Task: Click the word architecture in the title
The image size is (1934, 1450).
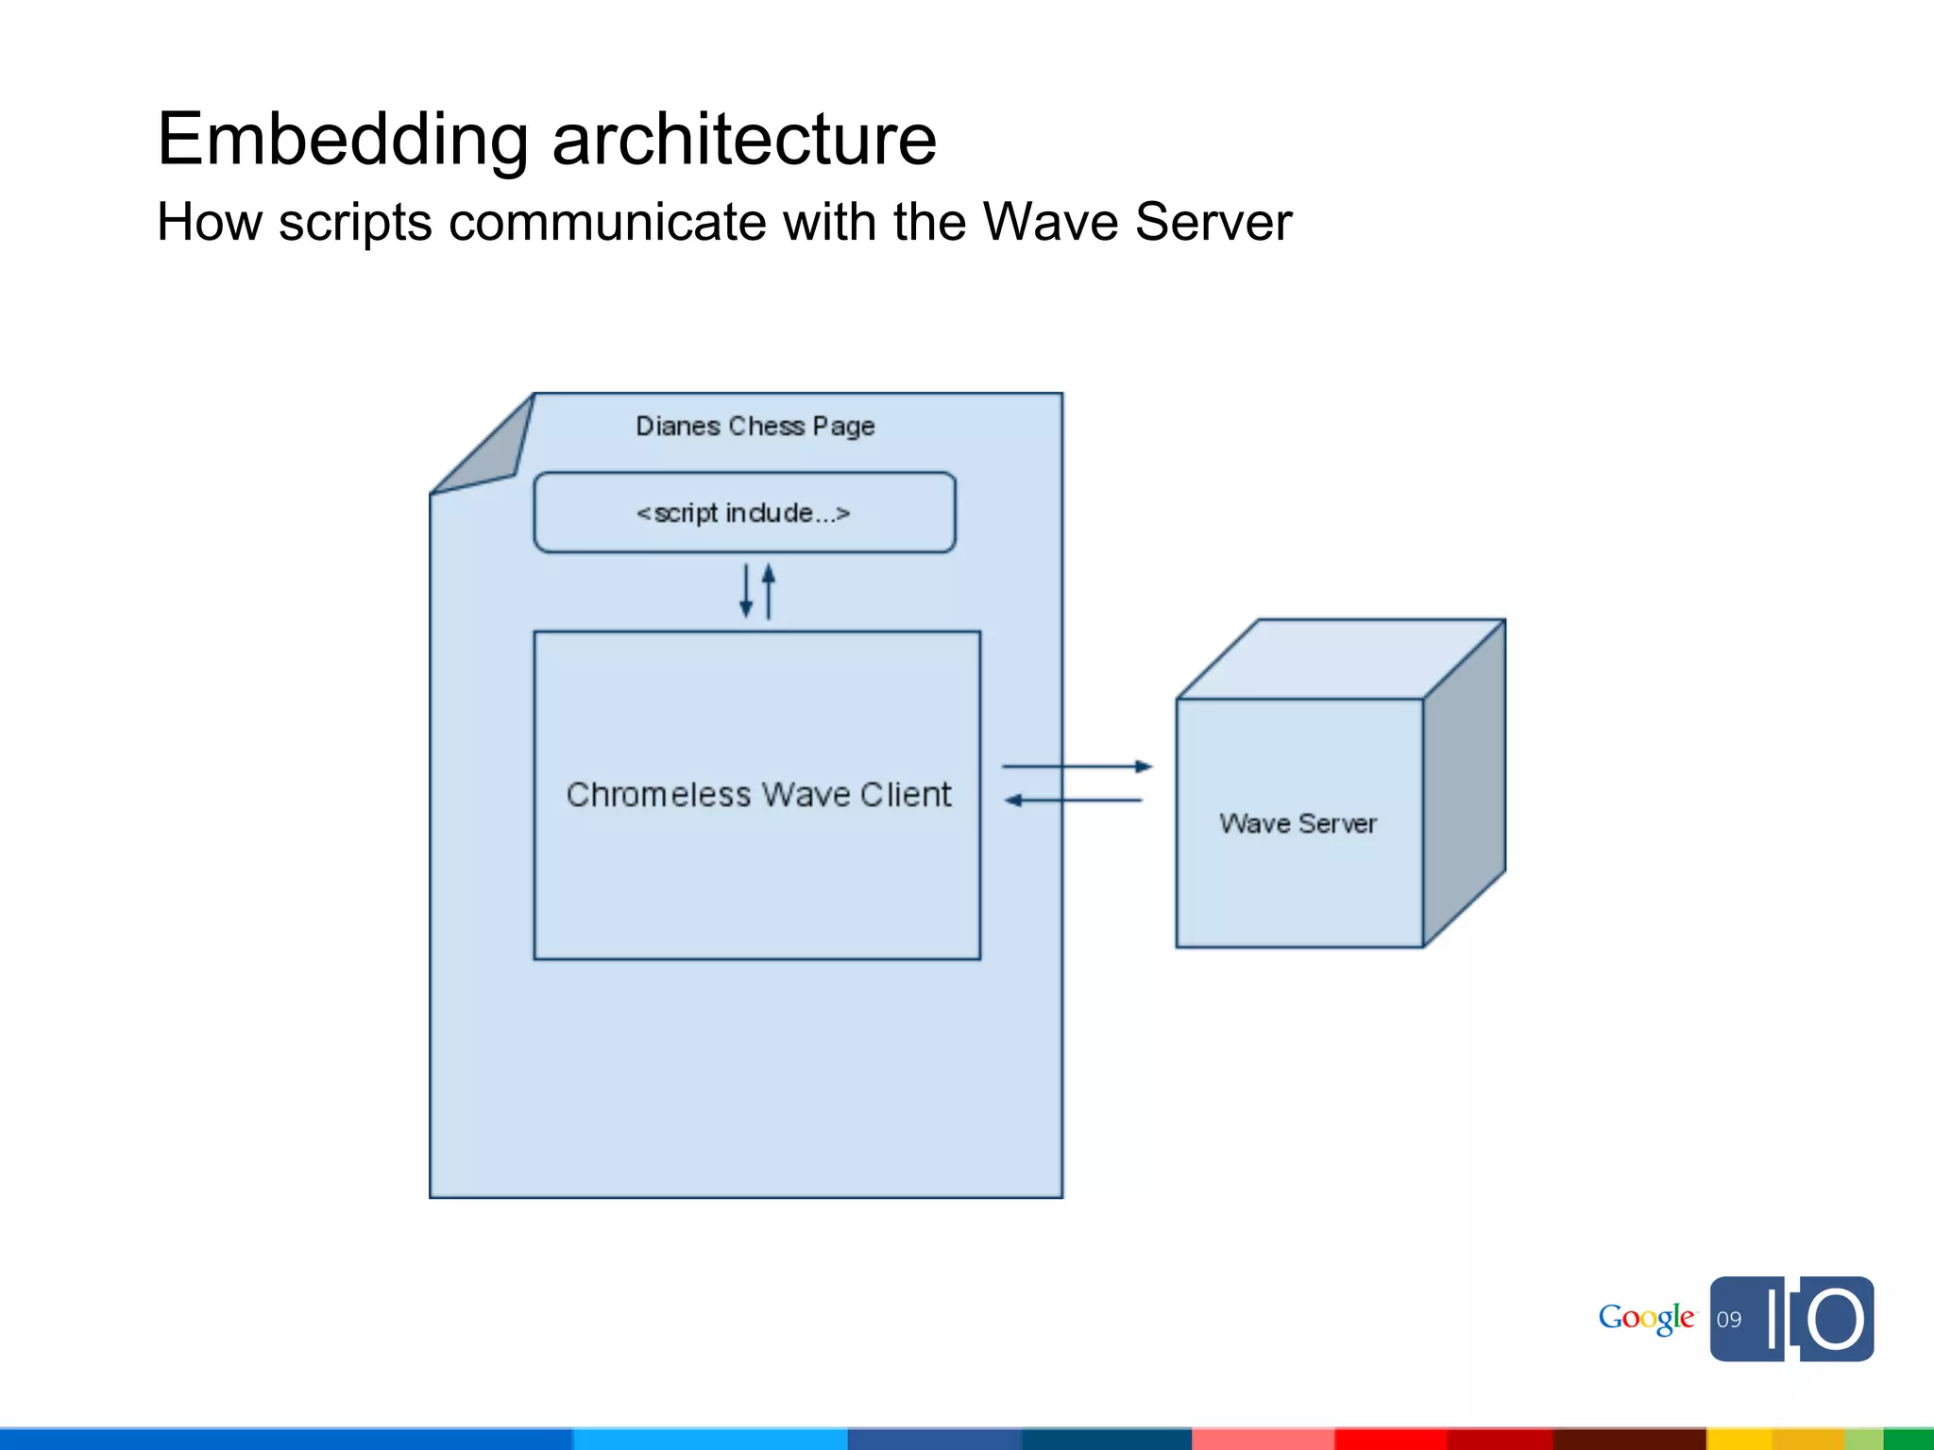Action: click(744, 140)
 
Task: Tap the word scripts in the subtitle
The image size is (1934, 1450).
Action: click(355, 223)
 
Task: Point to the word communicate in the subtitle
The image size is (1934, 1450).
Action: click(607, 223)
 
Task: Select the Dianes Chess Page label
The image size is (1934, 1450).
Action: click(755, 426)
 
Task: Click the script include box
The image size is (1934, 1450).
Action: click(744, 513)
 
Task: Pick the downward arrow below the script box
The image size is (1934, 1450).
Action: click(746, 592)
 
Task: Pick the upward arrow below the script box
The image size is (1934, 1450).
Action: click(769, 591)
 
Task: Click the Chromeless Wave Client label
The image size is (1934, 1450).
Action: click(758, 795)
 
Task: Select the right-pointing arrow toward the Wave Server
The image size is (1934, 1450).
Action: click(1077, 767)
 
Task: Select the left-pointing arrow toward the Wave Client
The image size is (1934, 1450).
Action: click(1074, 801)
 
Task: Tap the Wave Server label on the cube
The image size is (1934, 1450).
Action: click(1298, 823)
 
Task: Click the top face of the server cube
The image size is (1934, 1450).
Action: click(1341, 659)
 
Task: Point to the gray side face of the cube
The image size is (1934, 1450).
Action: click(1464, 784)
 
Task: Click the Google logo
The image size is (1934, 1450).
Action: click(1646, 1318)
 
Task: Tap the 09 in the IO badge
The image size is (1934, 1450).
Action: click(1729, 1320)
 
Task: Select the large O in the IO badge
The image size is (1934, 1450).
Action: click(1835, 1319)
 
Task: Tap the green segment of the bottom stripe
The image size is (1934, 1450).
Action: click(1908, 1440)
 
